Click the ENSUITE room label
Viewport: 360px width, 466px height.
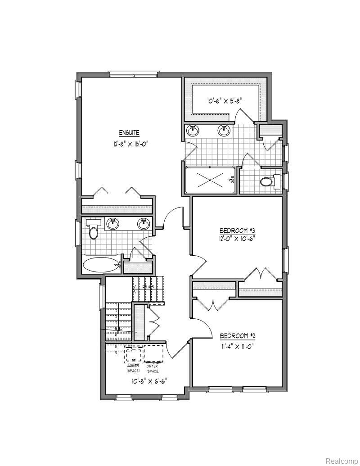coord(129,133)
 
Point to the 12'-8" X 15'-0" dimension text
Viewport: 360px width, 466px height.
coord(130,145)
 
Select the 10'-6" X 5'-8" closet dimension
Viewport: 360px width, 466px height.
coord(225,101)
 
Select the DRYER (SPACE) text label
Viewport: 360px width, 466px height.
coord(153,369)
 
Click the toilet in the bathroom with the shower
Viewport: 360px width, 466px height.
coord(267,182)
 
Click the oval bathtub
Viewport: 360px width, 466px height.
coord(100,265)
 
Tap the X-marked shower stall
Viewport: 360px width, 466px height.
coord(210,180)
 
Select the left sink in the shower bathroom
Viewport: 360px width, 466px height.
coord(193,130)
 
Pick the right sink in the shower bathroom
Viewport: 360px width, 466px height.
coord(224,130)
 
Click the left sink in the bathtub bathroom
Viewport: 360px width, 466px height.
coord(113,223)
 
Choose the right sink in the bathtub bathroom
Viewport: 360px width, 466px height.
coord(144,223)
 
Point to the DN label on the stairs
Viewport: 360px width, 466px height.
coord(145,287)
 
